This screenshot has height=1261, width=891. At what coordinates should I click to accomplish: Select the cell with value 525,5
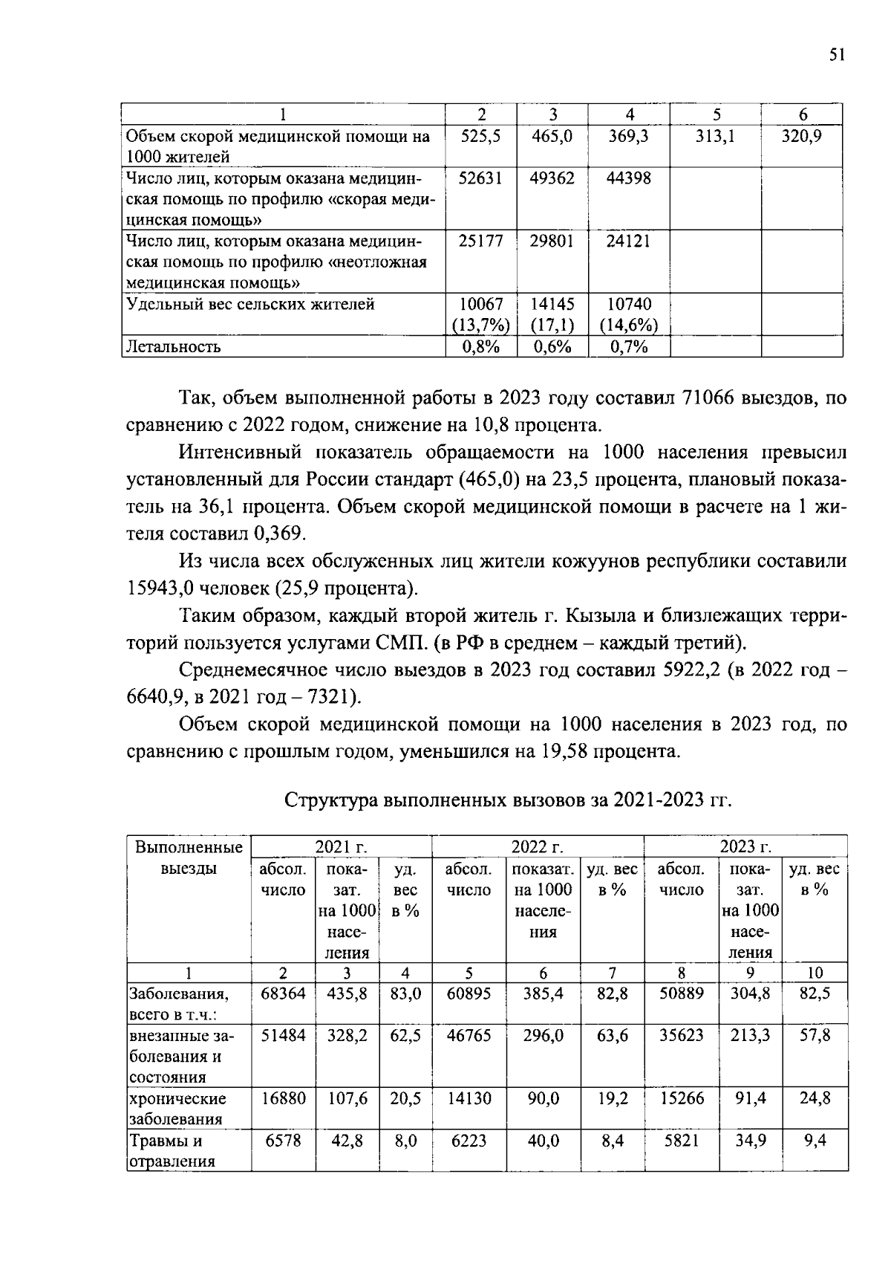click(480, 137)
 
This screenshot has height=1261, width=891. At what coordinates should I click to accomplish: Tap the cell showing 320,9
click(801, 137)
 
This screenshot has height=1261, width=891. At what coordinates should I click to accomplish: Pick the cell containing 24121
click(628, 241)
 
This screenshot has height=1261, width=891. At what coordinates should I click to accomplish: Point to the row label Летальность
click(174, 347)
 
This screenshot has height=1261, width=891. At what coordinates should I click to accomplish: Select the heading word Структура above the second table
click(330, 800)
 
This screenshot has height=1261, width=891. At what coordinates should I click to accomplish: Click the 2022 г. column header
click(537, 847)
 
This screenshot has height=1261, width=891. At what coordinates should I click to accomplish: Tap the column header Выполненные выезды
click(189, 858)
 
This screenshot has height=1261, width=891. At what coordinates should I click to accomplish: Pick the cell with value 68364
click(283, 993)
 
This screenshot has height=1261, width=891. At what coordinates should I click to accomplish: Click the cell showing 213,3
click(750, 1036)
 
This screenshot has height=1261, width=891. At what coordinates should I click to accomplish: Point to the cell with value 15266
click(681, 1098)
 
